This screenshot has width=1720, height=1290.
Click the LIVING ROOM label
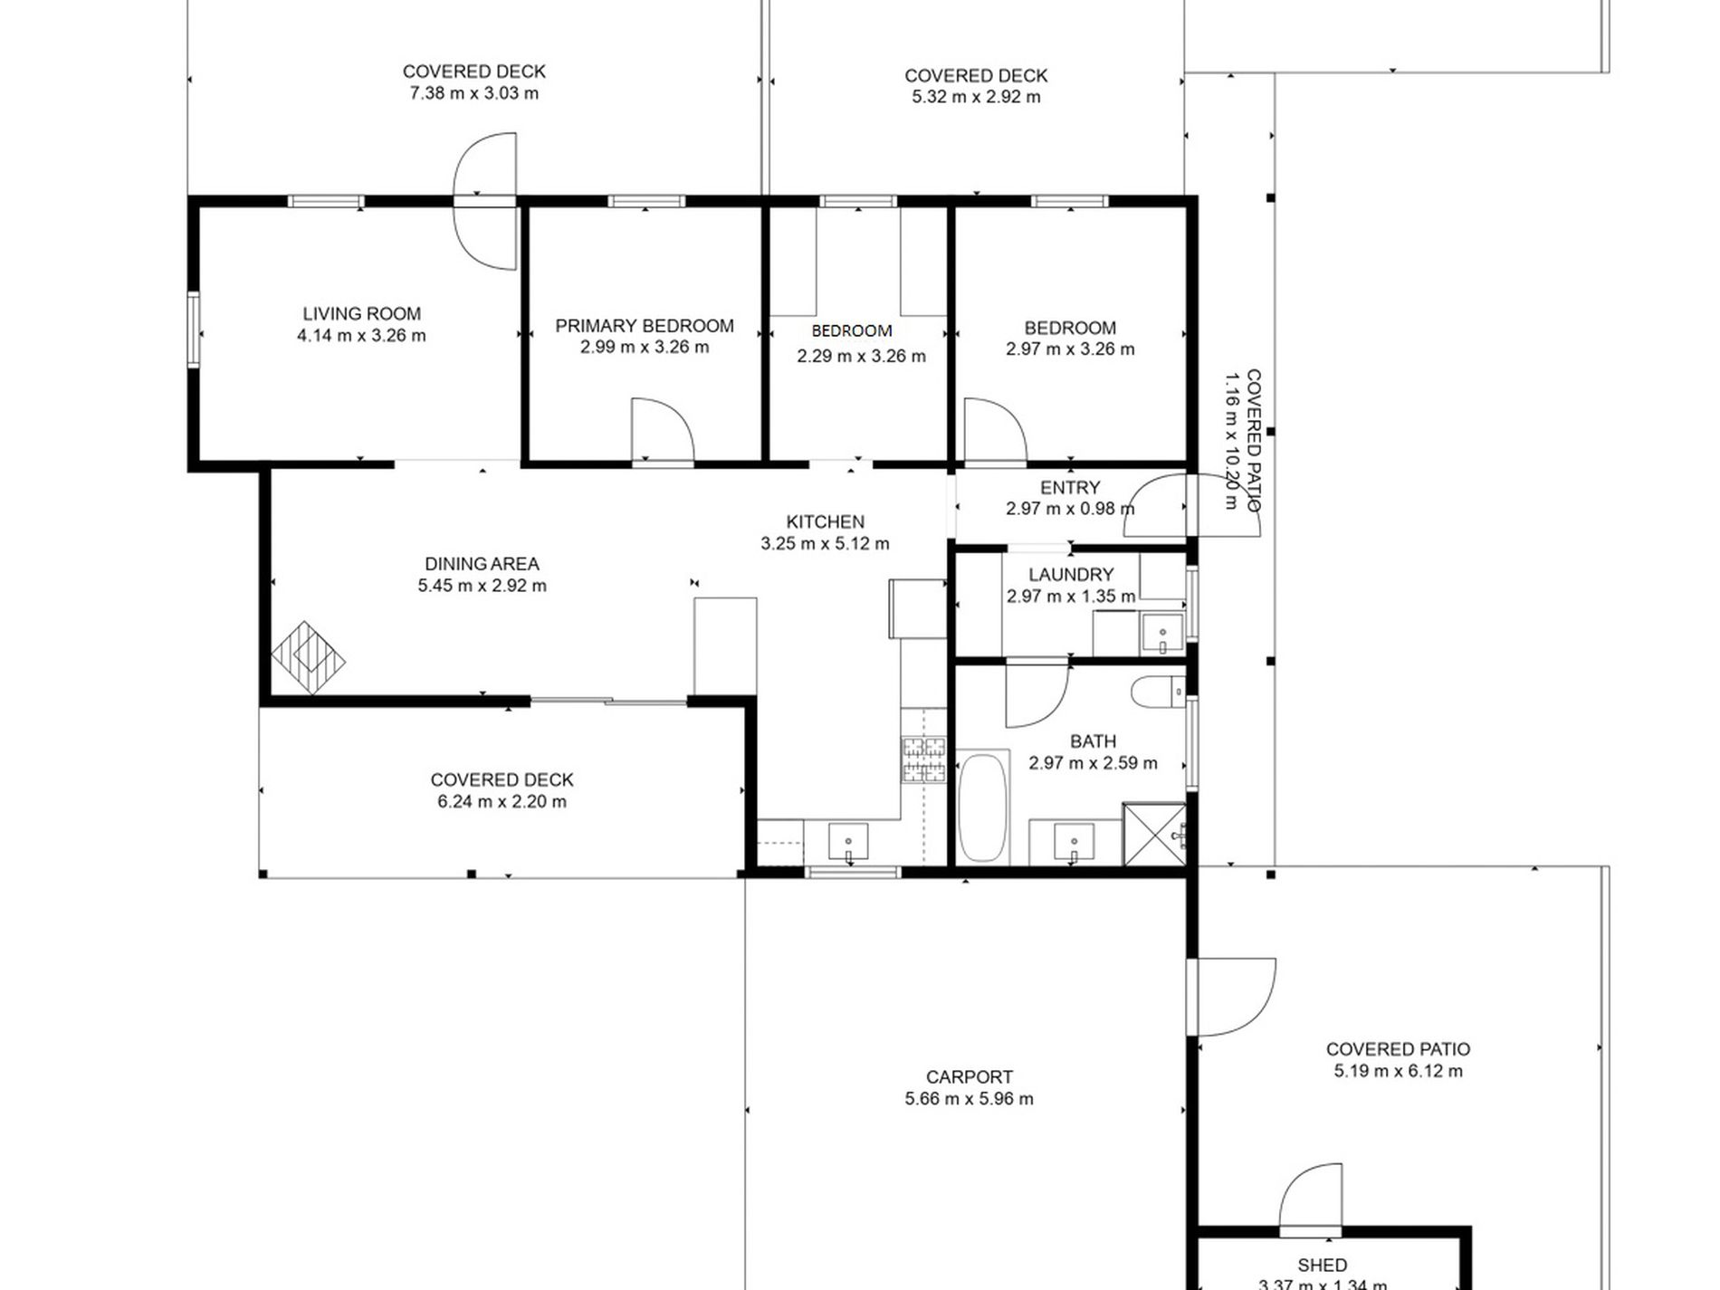[x=361, y=314]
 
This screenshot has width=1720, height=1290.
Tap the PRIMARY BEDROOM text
[x=644, y=326]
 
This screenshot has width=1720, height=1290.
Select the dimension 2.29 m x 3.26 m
[x=861, y=357]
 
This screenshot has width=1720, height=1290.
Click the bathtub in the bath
[x=982, y=806]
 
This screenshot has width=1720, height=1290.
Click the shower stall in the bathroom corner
[x=1154, y=834]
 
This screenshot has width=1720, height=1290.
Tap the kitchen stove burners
[x=922, y=760]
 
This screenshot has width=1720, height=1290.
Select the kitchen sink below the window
[x=848, y=843]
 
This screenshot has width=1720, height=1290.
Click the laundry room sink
[x=1161, y=633]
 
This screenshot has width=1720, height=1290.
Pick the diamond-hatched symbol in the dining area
[x=308, y=658]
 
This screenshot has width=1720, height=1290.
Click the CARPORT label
[x=969, y=1077]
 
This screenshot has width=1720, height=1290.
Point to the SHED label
[x=1322, y=1266]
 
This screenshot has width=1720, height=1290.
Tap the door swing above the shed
[x=1311, y=1197]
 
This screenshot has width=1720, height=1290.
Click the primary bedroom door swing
[x=662, y=432]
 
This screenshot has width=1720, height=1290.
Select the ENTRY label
[x=1070, y=488]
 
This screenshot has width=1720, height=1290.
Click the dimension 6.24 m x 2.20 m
[x=502, y=802]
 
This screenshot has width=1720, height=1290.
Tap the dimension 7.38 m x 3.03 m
[x=473, y=93]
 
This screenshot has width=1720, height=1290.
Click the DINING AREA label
[x=482, y=564]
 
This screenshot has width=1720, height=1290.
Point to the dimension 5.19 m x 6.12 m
[x=1398, y=1072]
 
